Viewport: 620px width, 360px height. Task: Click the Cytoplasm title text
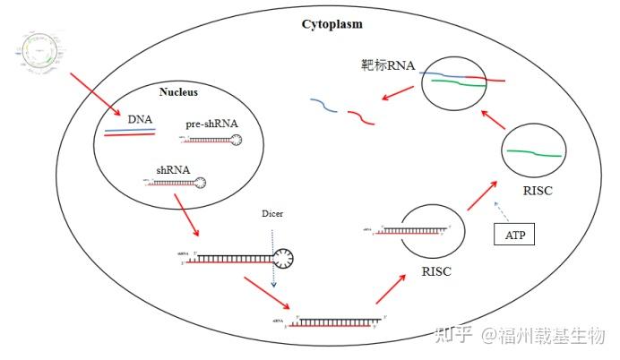coord(332,24)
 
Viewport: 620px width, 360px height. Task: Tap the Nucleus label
coord(178,92)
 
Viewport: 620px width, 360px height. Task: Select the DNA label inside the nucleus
coord(141,119)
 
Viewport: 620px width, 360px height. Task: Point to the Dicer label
coord(272,214)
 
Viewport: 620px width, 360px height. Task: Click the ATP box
coord(514,236)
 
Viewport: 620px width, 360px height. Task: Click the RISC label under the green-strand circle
coord(535,191)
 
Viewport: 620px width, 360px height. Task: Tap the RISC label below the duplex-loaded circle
coord(436,271)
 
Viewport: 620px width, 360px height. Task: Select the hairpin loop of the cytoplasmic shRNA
coord(284,259)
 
